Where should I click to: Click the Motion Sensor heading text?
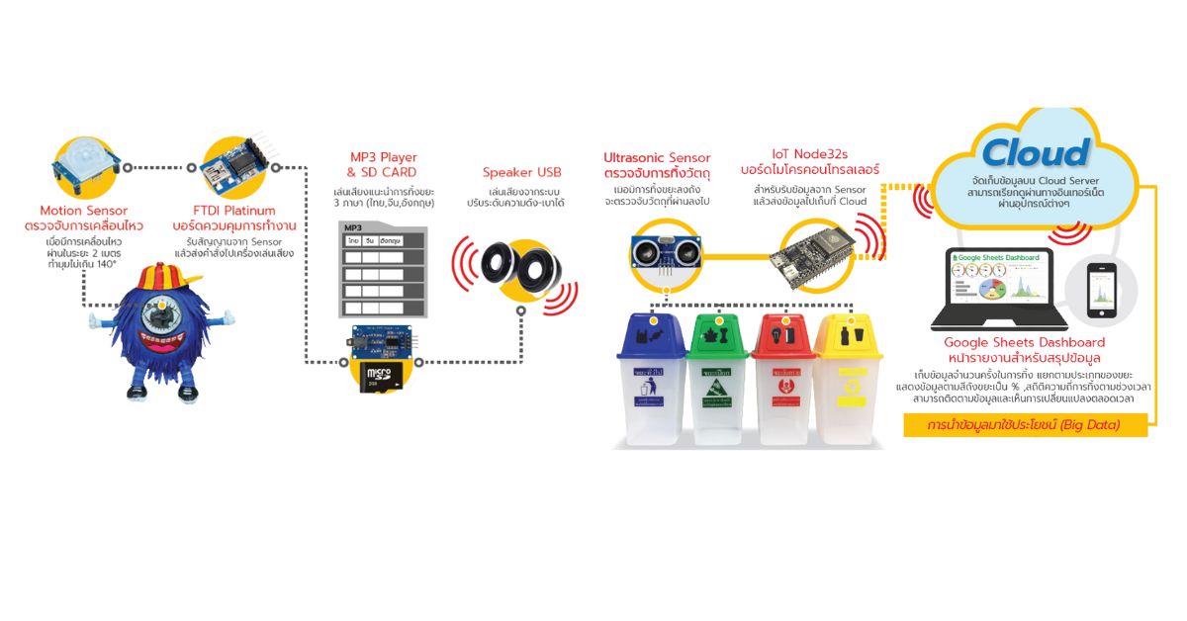[83, 211]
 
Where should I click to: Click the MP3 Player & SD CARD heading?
[383, 165]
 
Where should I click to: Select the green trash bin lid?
[719, 334]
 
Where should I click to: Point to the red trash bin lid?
[783, 334]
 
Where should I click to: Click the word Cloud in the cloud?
[1036, 153]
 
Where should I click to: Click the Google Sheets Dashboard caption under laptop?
[1024, 342]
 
